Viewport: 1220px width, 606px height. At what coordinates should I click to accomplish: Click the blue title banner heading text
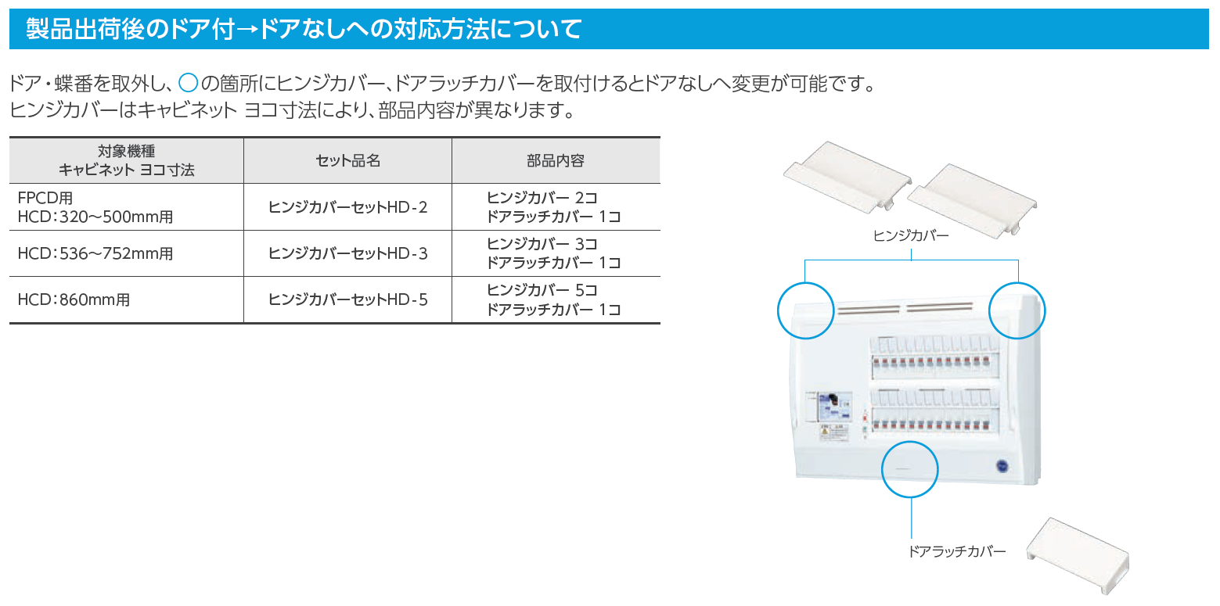pyautogui.click(x=304, y=29)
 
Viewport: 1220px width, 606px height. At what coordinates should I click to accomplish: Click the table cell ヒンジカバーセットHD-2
pyautogui.click(x=348, y=207)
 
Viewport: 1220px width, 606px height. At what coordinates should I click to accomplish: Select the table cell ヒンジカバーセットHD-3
pyautogui.click(x=348, y=253)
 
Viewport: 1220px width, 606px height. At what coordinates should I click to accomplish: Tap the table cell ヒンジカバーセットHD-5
pyautogui.click(x=348, y=299)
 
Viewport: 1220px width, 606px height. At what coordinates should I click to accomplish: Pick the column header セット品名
pyautogui.click(x=348, y=160)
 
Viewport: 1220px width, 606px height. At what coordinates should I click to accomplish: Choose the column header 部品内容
pyautogui.click(x=556, y=160)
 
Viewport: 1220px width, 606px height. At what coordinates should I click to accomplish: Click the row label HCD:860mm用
pyautogui.click(x=74, y=299)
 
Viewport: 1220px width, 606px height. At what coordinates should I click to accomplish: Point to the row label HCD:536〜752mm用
pyautogui.click(x=95, y=253)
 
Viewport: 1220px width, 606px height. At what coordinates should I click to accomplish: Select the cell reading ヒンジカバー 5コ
pyautogui.click(x=542, y=290)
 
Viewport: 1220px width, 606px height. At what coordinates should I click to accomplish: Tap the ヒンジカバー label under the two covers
pyautogui.click(x=911, y=235)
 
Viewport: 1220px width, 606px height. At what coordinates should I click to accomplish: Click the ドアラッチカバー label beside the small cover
pyautogui.click(x=956, y=551)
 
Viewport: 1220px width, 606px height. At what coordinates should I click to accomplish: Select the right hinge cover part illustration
pyautogui.click(x=972, y=201)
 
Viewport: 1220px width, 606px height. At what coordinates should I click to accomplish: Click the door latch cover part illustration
pyautogui.click(x=1078, y=555)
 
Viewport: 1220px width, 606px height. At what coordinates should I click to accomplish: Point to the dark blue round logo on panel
pyautogui.click(x=1002, y=466)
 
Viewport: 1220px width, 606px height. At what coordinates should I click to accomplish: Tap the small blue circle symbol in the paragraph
pyautogui.click(x=189, y=83)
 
